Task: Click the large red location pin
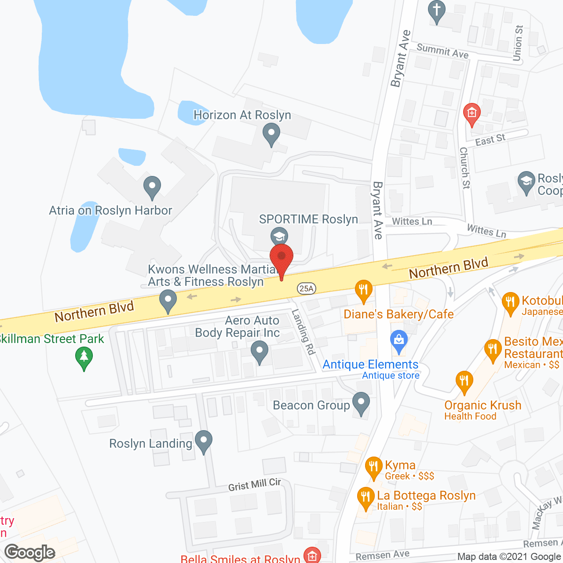click(281, 260)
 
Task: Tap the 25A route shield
click(306, 289)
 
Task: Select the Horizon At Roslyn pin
click(271, 134)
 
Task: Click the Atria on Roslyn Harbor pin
click(152, 187)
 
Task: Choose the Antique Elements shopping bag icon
click(399, 341)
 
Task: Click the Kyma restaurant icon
click(373, 468)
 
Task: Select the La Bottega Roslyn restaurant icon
click(366, 498)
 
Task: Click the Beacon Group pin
click(361, 403)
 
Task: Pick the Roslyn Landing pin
click(203, 441)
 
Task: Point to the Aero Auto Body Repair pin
click(260, 353)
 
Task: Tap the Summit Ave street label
click(442, 51)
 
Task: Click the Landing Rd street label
click(304, 332)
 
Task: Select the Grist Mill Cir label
click(254, 485)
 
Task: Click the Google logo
click(30, 552)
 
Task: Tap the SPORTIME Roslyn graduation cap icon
click(279, 237)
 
